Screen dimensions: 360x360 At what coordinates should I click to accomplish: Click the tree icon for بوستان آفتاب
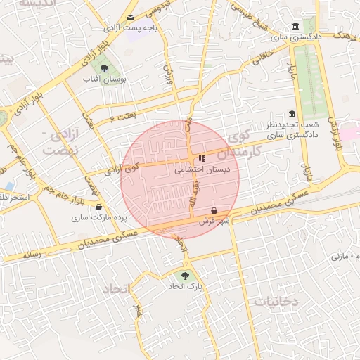[104, 69]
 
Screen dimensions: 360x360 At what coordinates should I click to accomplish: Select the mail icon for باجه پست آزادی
[130, 18]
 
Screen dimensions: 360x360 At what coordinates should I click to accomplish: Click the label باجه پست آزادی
[130, 29]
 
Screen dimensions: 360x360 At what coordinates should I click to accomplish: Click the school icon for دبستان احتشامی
[202, 159]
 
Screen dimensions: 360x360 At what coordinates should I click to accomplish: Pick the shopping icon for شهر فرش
[214, 211]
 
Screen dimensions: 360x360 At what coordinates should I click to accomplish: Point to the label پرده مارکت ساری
[99, 219]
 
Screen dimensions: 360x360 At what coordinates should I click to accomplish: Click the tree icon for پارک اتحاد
[185, 276]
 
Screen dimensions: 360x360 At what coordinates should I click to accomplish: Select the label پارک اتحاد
[185, 287]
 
